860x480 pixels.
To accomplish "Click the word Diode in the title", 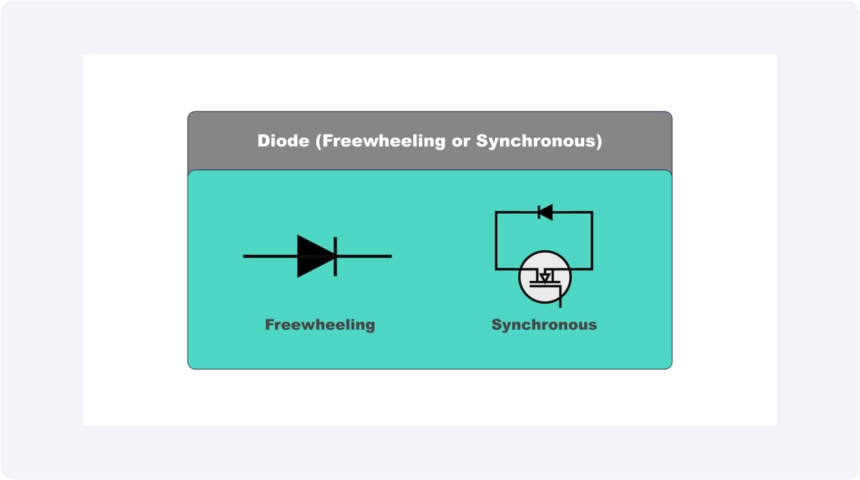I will click(283, 141).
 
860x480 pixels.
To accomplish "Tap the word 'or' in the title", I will click(461, 141).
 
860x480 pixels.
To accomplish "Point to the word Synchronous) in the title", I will click(539, 141).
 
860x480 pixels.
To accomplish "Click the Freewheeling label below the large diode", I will click(320, 325).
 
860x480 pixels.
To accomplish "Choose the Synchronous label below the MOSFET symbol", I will click(544, 325).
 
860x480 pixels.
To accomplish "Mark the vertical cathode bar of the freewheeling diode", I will click(335, 256).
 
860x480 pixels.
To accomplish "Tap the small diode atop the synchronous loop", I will click(545, 212).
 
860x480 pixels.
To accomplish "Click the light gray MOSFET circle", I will click(545, 276).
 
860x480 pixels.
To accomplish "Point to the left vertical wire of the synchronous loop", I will click(496, 240).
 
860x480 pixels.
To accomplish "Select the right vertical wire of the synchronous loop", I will click(592, 240).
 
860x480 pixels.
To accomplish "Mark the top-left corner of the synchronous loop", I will click(496, 212).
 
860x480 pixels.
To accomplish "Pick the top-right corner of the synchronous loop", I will click(592, 212).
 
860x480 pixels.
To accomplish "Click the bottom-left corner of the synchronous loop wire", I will click(496, 268).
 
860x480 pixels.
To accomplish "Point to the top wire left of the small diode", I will click(516, 212).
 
